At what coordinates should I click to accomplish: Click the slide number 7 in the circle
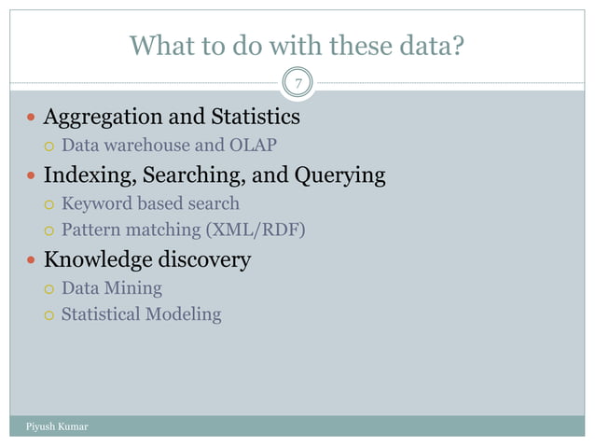(x=297, y=84)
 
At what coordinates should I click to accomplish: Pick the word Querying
(x=339, y=175)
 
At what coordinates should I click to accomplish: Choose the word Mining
(x=134, y=288)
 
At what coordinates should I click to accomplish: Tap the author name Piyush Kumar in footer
(x=54, y=427)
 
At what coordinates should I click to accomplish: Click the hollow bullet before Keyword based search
(x=49, y=204)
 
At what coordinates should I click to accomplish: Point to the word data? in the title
(x=427, y=44)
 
